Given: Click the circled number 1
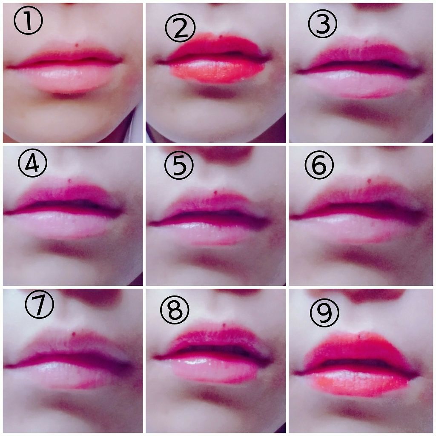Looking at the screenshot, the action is [28, 20].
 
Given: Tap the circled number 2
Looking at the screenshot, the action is [180, 28].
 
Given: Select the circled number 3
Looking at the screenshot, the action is [323, 24].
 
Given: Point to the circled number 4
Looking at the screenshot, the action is [32, 163].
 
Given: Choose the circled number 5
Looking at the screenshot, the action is [179, 165].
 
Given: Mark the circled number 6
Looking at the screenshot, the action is [319, 165].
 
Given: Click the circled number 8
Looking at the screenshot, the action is [175, 310].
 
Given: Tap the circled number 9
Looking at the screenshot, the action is [324, 313].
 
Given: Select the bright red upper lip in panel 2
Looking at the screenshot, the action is [215, 46].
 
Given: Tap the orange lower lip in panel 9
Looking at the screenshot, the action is [359, 382].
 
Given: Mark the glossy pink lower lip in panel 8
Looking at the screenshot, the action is [214, 368].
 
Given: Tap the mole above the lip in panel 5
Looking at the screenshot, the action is [216, 192].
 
